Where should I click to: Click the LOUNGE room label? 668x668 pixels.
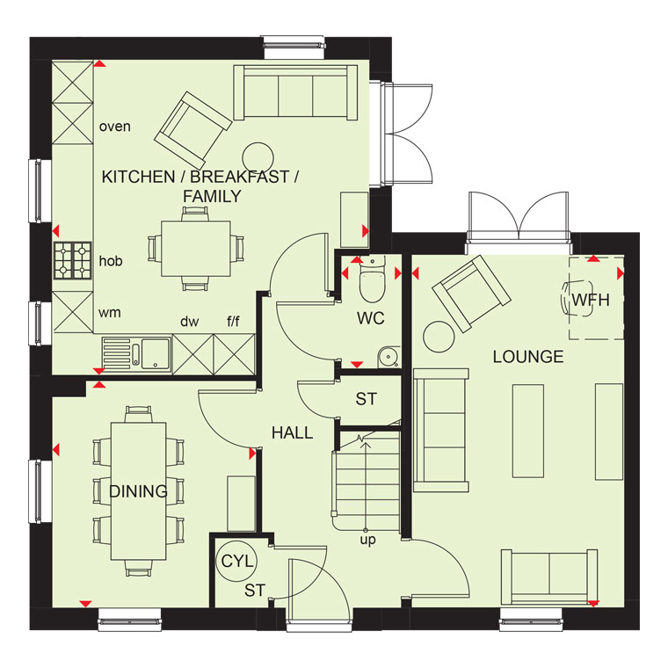coord(528,357)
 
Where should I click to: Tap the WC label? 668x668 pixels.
coord(371,318)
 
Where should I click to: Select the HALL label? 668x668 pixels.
coord(292,432)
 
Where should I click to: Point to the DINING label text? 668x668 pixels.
coord(139,491)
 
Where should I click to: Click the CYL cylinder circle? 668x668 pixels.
coord(237,561)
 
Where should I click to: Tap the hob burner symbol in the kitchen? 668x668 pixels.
coord(73,260)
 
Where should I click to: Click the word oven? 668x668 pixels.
coord(114,127)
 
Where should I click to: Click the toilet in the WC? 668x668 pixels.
coord(372,280)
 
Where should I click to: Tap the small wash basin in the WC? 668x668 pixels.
coord(388,356)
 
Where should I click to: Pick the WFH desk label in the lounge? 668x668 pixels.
coord(591,300)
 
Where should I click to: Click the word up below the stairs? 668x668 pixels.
coord(367,540)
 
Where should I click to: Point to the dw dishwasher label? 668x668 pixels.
coord(190,321)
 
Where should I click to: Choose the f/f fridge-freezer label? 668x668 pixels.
coord(233,321)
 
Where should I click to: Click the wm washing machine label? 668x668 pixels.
coord(110,313)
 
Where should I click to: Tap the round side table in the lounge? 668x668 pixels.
coord(439,337)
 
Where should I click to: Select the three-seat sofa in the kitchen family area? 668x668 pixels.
coord(295,92)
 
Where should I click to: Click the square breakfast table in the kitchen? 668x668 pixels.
coord(196,249)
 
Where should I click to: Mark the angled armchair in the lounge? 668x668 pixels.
coord(472,294)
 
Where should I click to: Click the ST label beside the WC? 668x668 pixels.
coord(367,399)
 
